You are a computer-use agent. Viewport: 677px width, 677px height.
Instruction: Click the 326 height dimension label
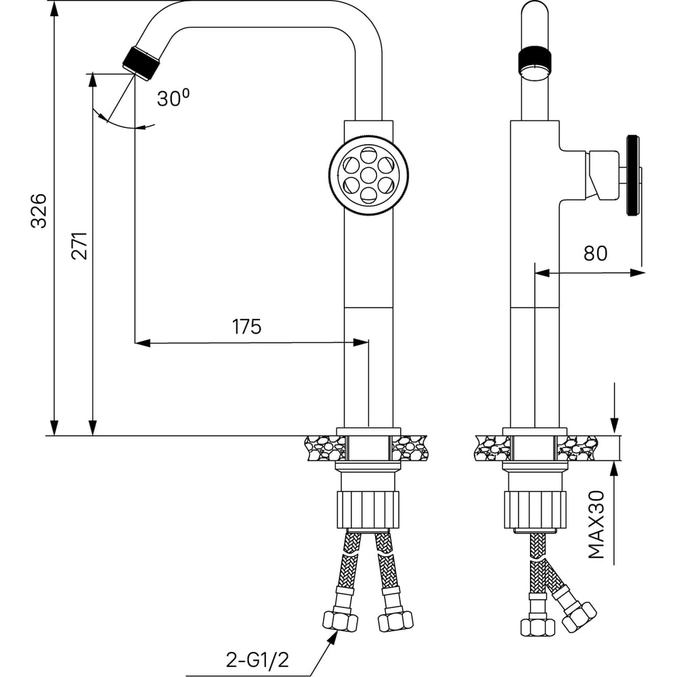pyautogui.click(x=39, y=211)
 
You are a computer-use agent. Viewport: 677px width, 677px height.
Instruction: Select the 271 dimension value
pyautogui.click(x=79, y=246)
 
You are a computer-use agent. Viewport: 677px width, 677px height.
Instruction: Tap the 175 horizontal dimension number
pyautogui.click(x=247, y=326)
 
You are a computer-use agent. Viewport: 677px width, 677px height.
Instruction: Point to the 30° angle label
pyautogui.click(x=173, y=98)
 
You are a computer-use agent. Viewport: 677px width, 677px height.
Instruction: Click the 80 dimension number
pyautogui.click(x=595, y=253)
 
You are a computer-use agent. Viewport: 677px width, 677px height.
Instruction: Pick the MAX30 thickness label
pyautogui.click(x=596, y=525)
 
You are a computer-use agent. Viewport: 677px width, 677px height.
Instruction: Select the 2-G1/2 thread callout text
pyautogui.click(x=257, y=659)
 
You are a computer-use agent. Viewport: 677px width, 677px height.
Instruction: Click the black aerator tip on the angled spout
pyautogui.click(x=141, y=63)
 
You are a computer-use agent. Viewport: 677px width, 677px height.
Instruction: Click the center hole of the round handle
pyautogui.click(x=368, y=175)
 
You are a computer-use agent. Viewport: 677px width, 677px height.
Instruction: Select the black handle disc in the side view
pyautogui.click(x=632, y=175)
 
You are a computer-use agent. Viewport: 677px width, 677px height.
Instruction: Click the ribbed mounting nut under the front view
pyautogui.click(x=368, y=509)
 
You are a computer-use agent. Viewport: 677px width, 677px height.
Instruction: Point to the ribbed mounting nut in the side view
pyautogui.click(x=535, y=509)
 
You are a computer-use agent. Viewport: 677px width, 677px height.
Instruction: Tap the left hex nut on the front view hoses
pyautogui.click(x=341, y=621)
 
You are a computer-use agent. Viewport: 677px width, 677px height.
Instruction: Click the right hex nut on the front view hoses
pyautogui.click(x=395, y=621)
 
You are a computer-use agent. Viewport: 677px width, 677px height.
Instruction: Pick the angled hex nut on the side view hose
pyautogui.click(x=580, y=617)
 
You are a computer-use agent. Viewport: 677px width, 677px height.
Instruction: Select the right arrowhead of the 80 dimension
pyautogui.click(x=638, y=273)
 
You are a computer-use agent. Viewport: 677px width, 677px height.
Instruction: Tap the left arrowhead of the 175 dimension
pyautogui.click(x=142, y=343)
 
